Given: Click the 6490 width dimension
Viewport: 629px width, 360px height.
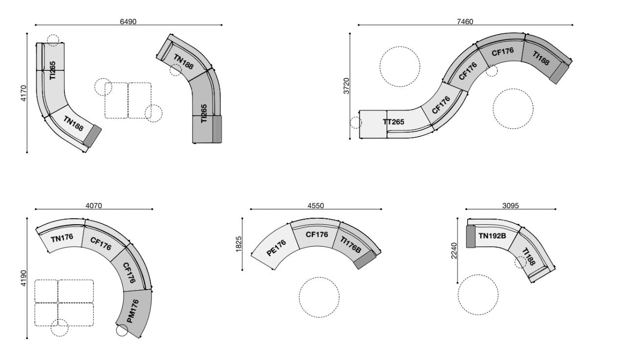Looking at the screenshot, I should click(128, 21).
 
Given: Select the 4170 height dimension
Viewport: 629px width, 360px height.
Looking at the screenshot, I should click(23, 93).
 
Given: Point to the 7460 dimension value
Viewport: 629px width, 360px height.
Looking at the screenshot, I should click(464, 21).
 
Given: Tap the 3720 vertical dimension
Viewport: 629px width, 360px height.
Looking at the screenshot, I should click(346, 86).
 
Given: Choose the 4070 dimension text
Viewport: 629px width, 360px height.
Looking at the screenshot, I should click(93, 206).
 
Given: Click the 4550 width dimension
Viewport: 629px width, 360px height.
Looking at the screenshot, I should click(315, 206).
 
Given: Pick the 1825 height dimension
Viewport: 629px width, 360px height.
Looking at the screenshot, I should click(239, 243).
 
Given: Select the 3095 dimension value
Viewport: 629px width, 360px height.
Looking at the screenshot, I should click(510, 206).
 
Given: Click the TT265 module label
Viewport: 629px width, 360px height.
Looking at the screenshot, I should click(393, 122).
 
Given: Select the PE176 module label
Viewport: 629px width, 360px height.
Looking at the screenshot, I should click(276, 246).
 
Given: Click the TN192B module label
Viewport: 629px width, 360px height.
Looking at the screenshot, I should click(492, 236).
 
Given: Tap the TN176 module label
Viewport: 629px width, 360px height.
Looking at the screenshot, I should click(62, 238).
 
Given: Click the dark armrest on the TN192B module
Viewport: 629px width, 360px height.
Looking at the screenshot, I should click(471, 236).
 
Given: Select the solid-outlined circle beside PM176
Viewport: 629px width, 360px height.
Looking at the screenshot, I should click(122, 331).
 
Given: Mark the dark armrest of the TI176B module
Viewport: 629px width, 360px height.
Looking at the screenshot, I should click(365, 260).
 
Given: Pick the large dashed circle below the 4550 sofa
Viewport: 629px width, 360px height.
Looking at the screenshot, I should click(319, 297).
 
